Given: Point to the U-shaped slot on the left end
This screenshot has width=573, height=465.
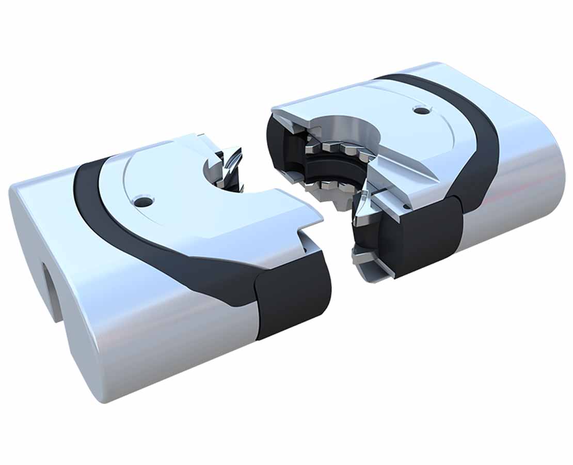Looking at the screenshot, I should click(x=50, y=289).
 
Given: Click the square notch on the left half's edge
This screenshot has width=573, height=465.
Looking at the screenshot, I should click(x=310, y=233).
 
